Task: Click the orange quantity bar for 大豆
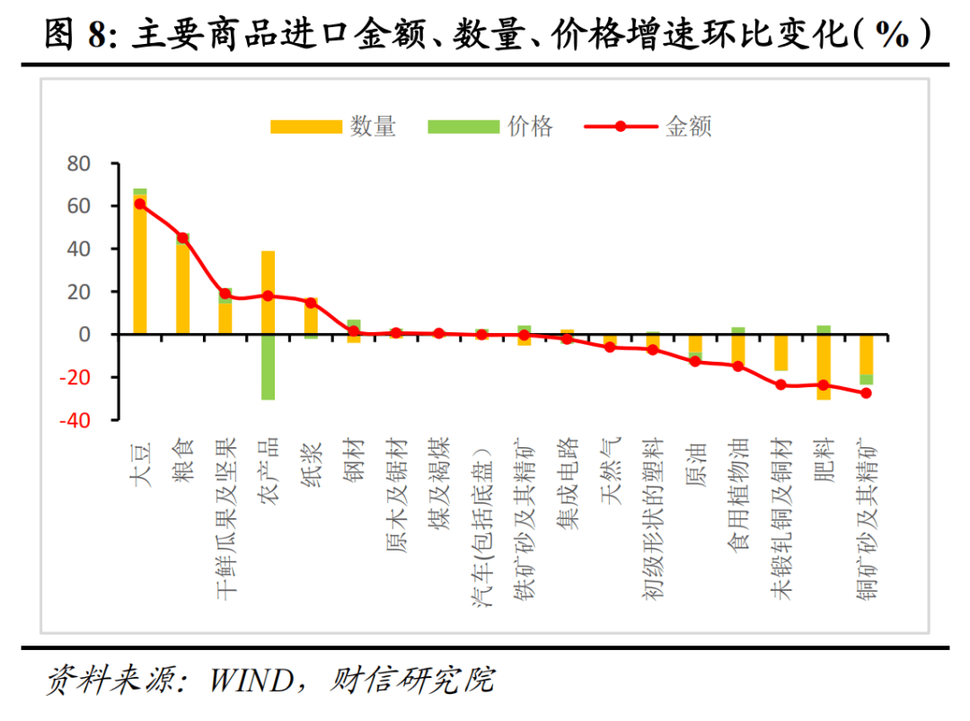(x=140, y=269)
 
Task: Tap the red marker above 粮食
(x=182, y=238)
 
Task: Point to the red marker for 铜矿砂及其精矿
(x=866, y=393)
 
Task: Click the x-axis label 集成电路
(x=567, y=484)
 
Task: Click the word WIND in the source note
(x=252, y=681)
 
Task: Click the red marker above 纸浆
(x=311, y=303)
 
